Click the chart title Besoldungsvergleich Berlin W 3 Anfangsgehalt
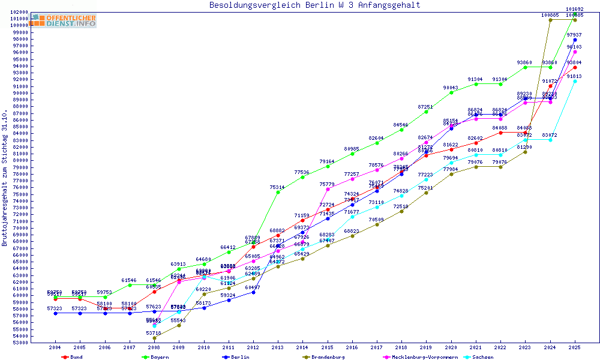[x=314, y=5]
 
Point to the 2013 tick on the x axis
[x=278, y=347]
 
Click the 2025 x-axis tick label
[x=575, y=347]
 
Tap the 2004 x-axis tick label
[x=55, y=347]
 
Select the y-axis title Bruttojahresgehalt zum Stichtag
[x=5, y=178]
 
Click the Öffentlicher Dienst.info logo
[x=64, y=21]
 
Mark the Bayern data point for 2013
[x=278, y=192]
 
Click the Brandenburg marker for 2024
[x=550, y=20]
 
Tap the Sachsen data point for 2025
[x=575, y=81]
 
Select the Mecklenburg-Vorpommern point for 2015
[x=328, y=189]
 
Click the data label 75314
[x=277, y=187]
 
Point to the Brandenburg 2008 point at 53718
[x=154, y=338]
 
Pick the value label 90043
[x=451, y=88]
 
